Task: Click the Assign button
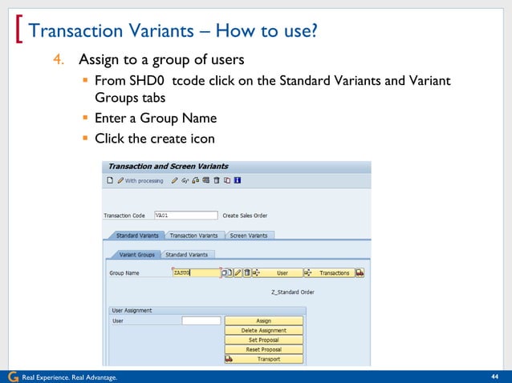pyautogui.click(x=263, y=321)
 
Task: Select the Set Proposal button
pyautogui.click(x=263, y=340)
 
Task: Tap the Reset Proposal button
pyautogui.click(x=263, y=349)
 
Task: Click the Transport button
pyautogui.click(x=263, y=359)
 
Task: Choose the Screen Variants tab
pyautogui.click(x=250, y=236)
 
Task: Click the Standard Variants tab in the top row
pyautogui.click(x=136, y=236)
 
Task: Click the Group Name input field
pyautogui.click(x=196, y=272)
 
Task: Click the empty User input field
pyautogui.click(x=201, y=321)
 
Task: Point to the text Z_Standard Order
pyautogui.click(x=293, y=292)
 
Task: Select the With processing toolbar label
pyautogui.click(x=144, y=181)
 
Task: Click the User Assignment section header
pyautogui.click(x=132, y=310)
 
